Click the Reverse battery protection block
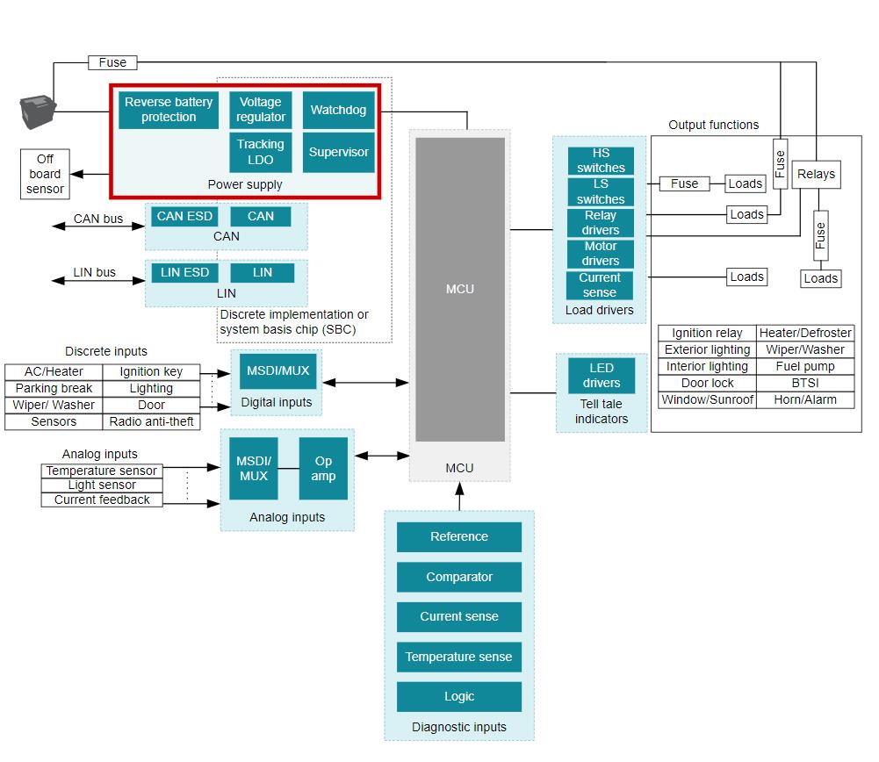click(x=169, y=110)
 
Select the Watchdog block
click(x=338, y=111)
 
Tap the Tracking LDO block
click(x=261, y=152)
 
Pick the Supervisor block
click(x=338, y=152)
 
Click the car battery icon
click(x=38, y=112)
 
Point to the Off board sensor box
click(x=45, y=174)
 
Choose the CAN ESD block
click(x=184, y=216)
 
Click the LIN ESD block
click(x=184, y=272)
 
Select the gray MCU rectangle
click(x=459, y=289)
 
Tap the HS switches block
click(x=601, y=161)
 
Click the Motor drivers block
click(x=601, y=254)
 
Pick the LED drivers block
click(x=601, y=375)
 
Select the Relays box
click(x=816, y=174)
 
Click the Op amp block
click(x=323, y=469)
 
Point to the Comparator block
click(x=458, y=577)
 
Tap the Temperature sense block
click(x=458, y=657)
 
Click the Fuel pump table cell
click(x=805, y=366)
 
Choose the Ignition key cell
click(x=151, y=371)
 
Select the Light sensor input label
click(x=102, y=485)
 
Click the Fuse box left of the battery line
click(x=112, y=62)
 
